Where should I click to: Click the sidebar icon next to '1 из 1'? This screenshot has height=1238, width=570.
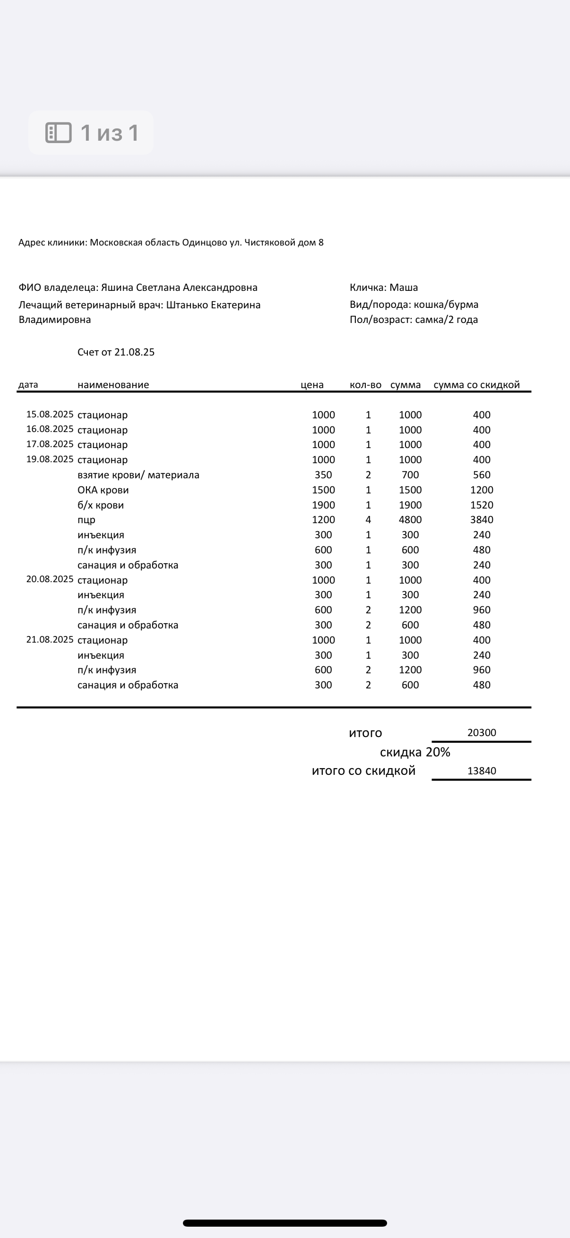click(58, 133)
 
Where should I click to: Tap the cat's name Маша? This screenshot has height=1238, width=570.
click(404, 288)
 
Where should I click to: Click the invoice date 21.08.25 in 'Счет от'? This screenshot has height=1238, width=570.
click(135, 352)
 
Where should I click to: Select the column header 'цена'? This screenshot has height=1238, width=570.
click(311, 385)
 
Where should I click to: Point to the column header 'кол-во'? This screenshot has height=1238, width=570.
click(365, 385)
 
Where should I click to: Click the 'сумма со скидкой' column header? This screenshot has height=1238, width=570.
click(476, 385)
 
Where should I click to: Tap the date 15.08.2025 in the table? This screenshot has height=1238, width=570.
click(50, 414)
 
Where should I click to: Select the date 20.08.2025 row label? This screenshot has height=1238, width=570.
click(50, 579)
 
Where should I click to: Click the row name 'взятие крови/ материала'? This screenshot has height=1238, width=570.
click(138, 475)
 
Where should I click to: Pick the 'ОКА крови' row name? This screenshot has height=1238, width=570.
click(103, 490)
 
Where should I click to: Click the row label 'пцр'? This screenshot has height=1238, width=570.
click(86, 520)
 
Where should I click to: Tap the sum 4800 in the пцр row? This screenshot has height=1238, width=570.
click(410, 520)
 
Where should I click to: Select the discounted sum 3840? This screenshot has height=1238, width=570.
click(482, 520)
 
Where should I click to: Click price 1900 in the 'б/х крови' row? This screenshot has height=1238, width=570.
click(323, 505)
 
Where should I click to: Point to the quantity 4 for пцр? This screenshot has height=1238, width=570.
click(368, 520)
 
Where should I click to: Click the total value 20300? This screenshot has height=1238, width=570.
click(482, 732)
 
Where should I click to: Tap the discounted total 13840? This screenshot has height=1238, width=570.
click(482, 771)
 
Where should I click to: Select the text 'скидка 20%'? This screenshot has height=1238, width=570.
click(415, 752)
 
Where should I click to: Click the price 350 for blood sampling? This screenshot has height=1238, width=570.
click(323, 475)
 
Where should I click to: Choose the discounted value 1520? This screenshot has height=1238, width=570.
click(482, 505)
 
